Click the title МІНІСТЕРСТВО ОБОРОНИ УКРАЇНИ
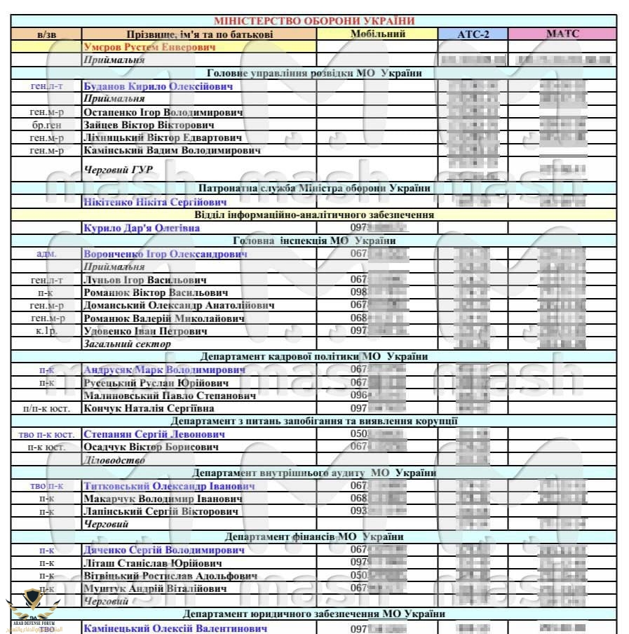click(313, 21)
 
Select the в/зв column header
click(46, 34)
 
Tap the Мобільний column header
click(377, 34)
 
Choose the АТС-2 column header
click(472, 34)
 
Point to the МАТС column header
click(562, 34)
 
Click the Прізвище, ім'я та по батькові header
click(199, 34)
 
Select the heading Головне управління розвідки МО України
click(313, 73)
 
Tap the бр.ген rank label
click(46, 125)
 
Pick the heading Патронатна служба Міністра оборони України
click(313, 189)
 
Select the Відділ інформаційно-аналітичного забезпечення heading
click(313, 215)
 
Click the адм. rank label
click(46, 254)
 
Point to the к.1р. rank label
click(46, 330)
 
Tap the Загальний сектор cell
click(127, 344)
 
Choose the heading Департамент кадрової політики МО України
click(313, 356)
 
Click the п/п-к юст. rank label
click(46, 408)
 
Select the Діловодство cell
click(114, 460)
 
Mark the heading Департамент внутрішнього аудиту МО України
click(313, 473)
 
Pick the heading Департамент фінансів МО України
click(313, 537)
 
